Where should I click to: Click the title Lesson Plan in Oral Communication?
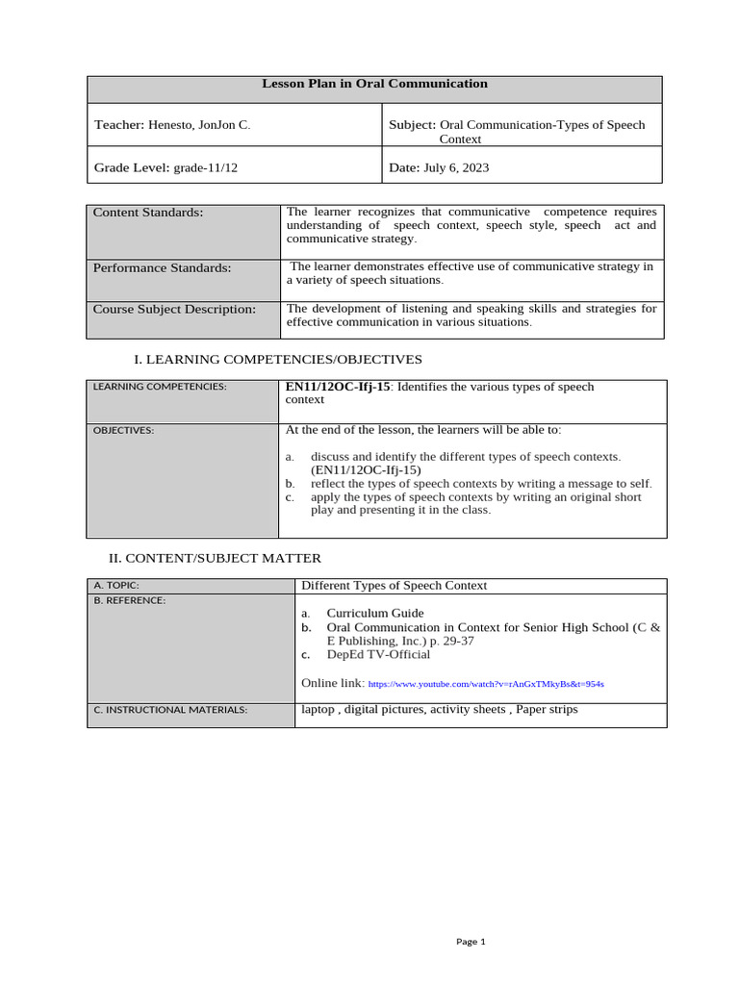374,84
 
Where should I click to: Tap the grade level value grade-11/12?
205,167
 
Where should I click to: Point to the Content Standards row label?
148,213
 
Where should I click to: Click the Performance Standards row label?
162,267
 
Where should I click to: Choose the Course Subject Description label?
174,309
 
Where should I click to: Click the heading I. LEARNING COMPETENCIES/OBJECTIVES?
277,359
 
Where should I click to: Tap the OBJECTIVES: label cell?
123,430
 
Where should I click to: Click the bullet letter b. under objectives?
290,484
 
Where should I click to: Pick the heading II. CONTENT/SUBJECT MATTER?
215,558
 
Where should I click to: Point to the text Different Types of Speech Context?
395,585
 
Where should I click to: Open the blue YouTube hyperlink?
486,684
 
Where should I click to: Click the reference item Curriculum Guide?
374,613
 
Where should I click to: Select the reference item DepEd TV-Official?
378,654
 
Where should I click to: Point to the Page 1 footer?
471,942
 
